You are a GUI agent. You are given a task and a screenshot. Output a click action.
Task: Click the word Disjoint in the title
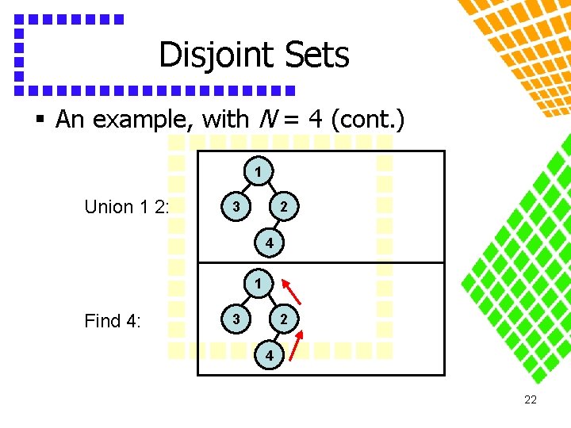tap(208, 55)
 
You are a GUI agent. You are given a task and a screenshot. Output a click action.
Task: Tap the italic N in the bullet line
tap(266, 120)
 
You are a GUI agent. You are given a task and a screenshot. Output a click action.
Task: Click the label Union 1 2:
tap(126, 207)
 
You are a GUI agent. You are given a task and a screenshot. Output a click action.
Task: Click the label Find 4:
tap(112, 321)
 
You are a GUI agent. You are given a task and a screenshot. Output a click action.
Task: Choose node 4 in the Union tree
tap(270, 244)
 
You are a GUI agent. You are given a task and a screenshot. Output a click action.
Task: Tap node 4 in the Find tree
tap(270, 357)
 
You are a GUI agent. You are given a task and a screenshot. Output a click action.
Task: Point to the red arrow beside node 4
tap(295, 346)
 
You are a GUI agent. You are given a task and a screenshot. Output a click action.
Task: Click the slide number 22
tap(531, 400)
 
